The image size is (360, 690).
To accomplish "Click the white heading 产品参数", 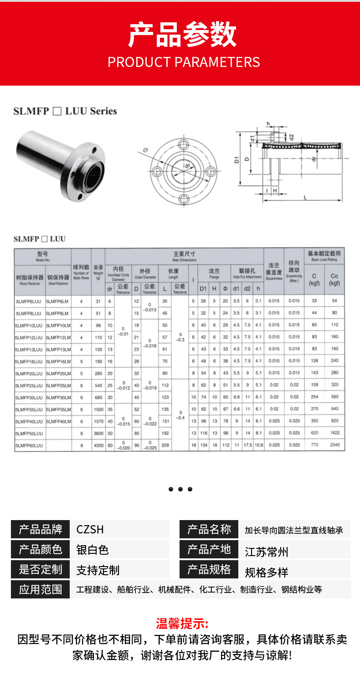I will (x=183, y=35).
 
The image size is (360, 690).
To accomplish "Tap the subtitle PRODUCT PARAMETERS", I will (x=184, y=62).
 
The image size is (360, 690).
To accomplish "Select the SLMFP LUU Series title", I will (x=65, y=111).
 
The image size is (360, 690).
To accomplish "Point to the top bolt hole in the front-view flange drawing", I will (x=184, y=144).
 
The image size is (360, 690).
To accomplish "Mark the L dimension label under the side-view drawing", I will (x=304, y=197).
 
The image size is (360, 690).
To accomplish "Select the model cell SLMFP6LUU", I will (x=29, y=301).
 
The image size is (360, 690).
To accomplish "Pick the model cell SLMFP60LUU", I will (x=29, y=445).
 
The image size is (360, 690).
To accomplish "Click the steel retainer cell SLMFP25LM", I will (x=58, y=385).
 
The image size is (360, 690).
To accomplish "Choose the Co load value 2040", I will (x=334, y=445).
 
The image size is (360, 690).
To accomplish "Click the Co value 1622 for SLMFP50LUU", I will (x=334, y=433).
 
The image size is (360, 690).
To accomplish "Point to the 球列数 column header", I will (x=81, y=271).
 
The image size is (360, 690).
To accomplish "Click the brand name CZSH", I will (x=90, y=529).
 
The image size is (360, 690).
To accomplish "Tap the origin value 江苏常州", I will (x=267, y=552).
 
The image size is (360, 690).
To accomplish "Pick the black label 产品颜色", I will (x=41, y=550).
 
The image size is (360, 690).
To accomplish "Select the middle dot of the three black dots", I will (x=180, y=489).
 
